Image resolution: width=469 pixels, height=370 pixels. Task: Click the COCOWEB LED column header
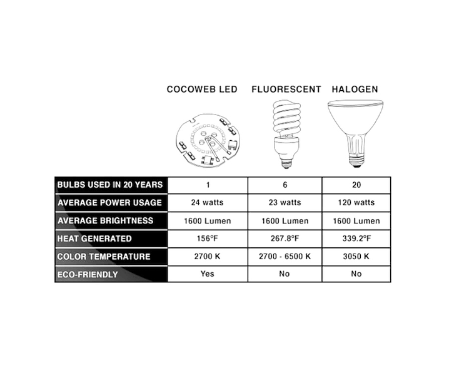pyautogui.click(x=202, y=90)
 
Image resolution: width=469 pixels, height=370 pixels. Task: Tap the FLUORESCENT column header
pyautogui.click(x=286, y=90)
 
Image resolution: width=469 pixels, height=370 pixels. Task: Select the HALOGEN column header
pyautogui.click(x=355, y=90)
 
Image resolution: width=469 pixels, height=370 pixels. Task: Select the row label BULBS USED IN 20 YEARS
pyautogui.click(x=109, y=185)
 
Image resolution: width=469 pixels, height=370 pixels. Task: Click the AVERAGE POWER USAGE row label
pyautogui.click(x=109, y=203)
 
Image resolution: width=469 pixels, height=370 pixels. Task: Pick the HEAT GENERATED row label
pyautogui.click(x=94, y=239)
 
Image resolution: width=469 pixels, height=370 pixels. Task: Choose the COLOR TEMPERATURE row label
pyautogui.click(x=104, y=257)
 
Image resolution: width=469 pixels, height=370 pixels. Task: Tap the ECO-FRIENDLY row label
pyautogui.click(x=88, y=274)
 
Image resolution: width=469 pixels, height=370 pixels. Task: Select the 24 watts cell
pyautogui.click(x=206, y=203)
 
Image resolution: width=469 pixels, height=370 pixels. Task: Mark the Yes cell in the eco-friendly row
pyautogui.click(x=206, y=274)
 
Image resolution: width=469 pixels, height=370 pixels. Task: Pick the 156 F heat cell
pyautogui.click(x=206, y=239)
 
